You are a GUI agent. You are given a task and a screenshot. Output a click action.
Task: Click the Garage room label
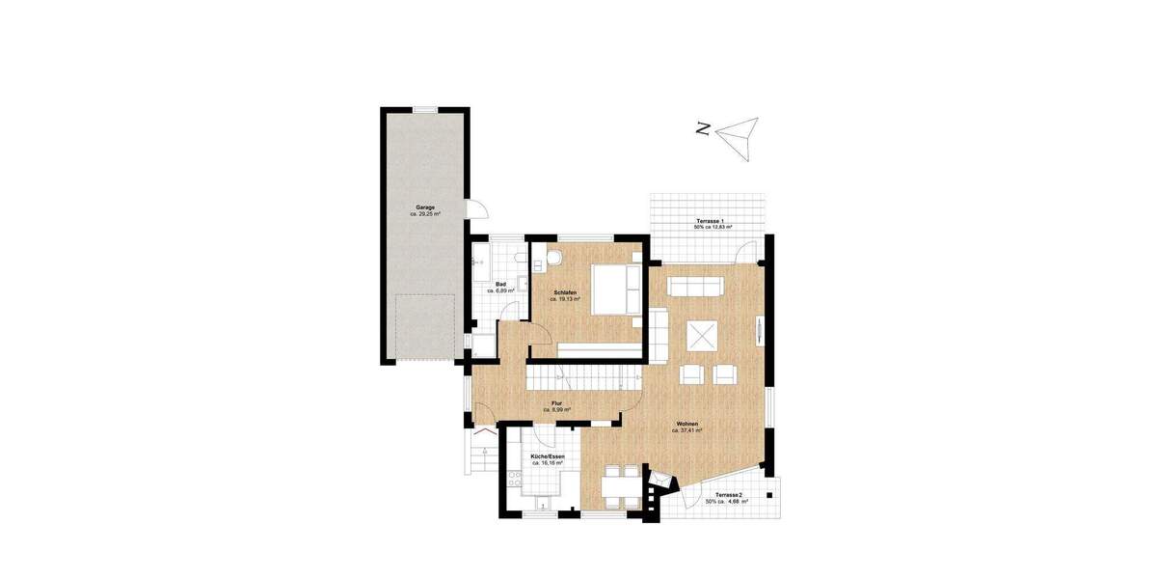pyautogui.click(x=424, y=207)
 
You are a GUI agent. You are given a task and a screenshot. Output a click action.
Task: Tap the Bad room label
pyautogui.click(x=500, y=284)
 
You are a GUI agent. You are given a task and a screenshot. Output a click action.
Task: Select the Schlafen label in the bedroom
pyautogui.click(x=566, y=291)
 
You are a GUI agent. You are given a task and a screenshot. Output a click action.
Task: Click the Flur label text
pyautogui.click(x=556, y=403)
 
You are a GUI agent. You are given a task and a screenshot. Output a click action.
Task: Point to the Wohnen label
pyautogui.click(x=686, y=423)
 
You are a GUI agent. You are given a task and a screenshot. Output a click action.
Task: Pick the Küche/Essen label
pyautogui.click(x=548, y=455)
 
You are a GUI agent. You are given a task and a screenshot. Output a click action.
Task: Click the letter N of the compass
pyautogui.click(x=704, y=128)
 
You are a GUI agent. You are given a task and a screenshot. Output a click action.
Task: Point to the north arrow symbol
pyautogui.click(x=740, y=136)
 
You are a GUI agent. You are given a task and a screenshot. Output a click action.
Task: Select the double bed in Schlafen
pyautogui.click(x=613, y=289)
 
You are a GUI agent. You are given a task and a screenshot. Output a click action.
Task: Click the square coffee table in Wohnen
pyautogui.click(x=701, y=337)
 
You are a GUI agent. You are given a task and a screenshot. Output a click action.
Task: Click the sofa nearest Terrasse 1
pyautogui.click(x=695, y=287)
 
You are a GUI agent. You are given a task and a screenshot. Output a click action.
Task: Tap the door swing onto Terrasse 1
pyautogui.click(x=744, y=253)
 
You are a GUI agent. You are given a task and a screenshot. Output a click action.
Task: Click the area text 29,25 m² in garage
pyautogui.click(x=424, y=214)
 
